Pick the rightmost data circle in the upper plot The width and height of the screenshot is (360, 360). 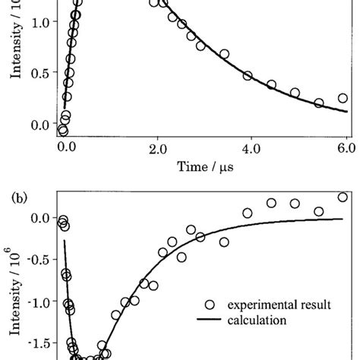[x=343, y=98]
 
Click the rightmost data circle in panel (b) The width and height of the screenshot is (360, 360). [x=343, y=197]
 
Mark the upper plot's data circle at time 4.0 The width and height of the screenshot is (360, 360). [x=248, y=75]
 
